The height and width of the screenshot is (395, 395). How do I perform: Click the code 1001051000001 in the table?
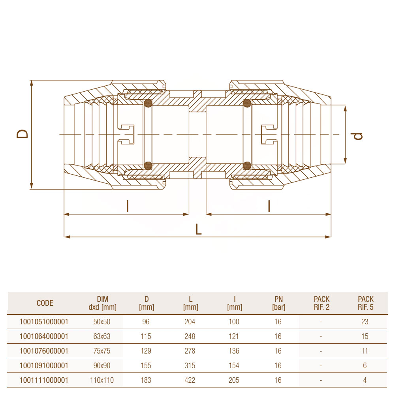click(x=44, y=322)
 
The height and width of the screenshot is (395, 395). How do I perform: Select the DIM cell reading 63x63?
click(x=102, y=336)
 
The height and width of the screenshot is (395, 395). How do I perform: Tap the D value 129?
click(x=146, y=351)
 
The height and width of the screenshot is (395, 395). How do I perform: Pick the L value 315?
click(x=190, y=365)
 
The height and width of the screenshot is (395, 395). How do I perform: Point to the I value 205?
click(x=234, y=380)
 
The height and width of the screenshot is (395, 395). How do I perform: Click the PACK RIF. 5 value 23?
click(x=365, y=322)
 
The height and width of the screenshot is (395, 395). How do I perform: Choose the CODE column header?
click(x=45, y=303)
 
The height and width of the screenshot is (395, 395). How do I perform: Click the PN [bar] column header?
click(x=278, y=303)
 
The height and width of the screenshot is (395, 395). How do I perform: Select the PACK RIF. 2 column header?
click(x=322, y=303)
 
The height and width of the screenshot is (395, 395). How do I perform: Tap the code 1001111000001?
click(x=44, y=380)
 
